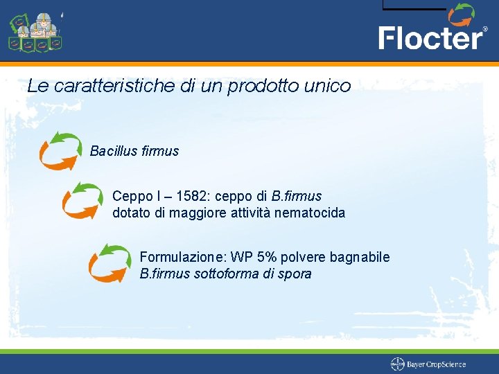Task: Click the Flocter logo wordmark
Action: click(x=430, y=37)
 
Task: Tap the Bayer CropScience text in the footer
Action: click(x=436, y=364)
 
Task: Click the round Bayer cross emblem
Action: click(x=398, y=364)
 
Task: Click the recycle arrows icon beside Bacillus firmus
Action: click(x=60, y=151)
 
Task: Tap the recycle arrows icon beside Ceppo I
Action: click(x=82, y=200)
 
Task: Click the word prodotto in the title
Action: click(x=263, y=87)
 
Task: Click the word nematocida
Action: click(x=310, y=213)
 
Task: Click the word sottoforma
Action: click(x=225, y=274)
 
